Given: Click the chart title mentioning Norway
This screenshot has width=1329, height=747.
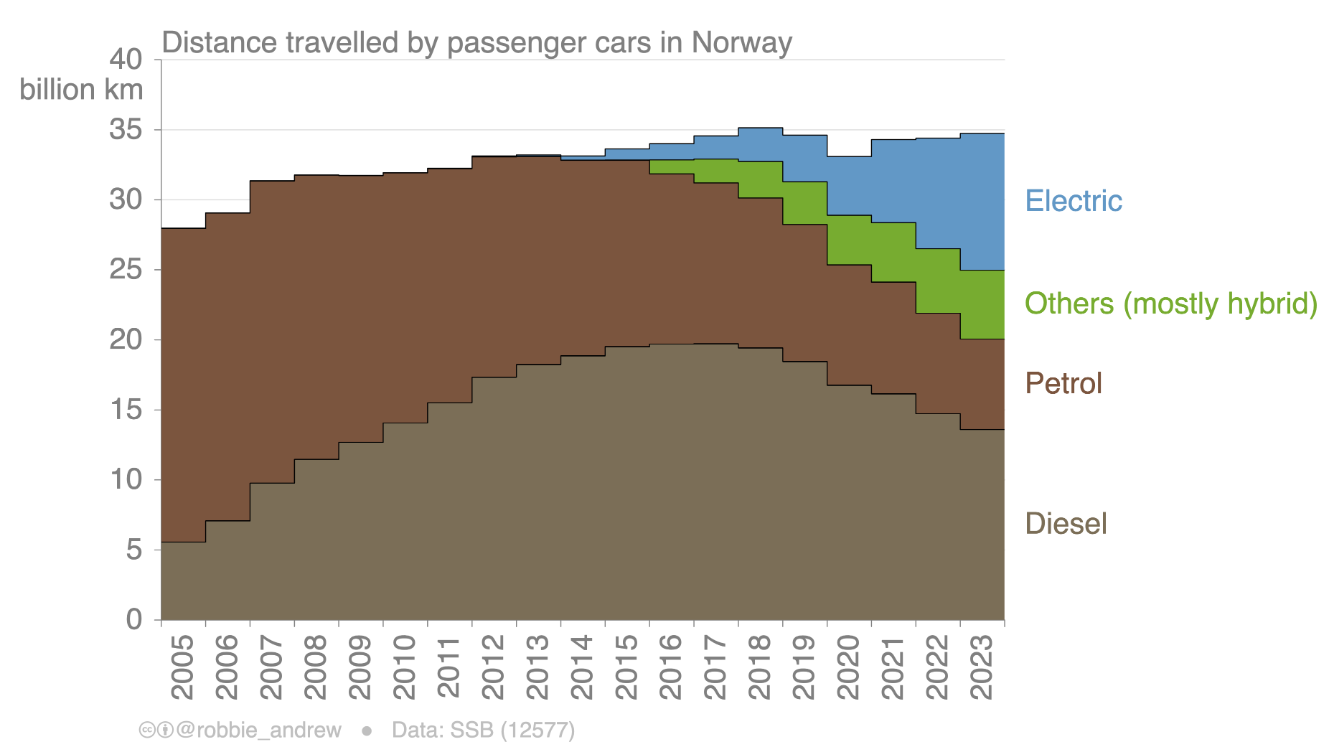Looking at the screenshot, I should click(x=476, y=43).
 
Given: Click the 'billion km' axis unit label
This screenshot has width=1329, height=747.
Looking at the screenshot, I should click(x=81, y=90).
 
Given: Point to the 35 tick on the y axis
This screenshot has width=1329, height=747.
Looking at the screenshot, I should click(x=126, y=130).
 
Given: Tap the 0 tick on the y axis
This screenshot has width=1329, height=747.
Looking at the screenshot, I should click(x=134, y=619).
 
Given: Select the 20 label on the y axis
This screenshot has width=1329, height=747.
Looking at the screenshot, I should click(x=126, y=339).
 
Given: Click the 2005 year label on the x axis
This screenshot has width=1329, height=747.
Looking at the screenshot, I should click(x=182, y=667).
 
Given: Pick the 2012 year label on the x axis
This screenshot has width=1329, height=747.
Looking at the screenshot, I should click(x=493, y=667).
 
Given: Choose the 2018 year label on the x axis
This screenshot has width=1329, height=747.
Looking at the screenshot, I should click(x=759, y=667).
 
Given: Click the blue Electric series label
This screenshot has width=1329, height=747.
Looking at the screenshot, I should click(x=1073, y=201).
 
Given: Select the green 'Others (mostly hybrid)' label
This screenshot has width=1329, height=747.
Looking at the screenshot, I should click(x=1170, y=304).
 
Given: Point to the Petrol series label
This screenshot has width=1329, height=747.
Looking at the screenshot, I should click(x=1063, y=383).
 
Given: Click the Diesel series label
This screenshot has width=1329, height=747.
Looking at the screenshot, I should click(x=1066, y=524).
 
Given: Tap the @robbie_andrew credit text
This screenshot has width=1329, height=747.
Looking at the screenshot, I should click(x=258, y=730).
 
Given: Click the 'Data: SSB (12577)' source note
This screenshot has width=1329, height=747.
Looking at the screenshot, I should click(x=483, y=730).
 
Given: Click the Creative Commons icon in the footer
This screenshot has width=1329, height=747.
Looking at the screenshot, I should click(x=147, y=730).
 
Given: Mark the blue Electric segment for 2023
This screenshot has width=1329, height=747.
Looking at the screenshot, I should click(x=982, y=202).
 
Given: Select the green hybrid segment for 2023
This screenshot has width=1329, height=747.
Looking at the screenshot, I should click(x=982, y=304).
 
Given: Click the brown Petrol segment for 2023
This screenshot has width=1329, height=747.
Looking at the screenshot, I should click(x=982, y=384).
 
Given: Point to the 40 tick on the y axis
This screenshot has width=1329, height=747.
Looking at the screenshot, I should click(x=126, y=60).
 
